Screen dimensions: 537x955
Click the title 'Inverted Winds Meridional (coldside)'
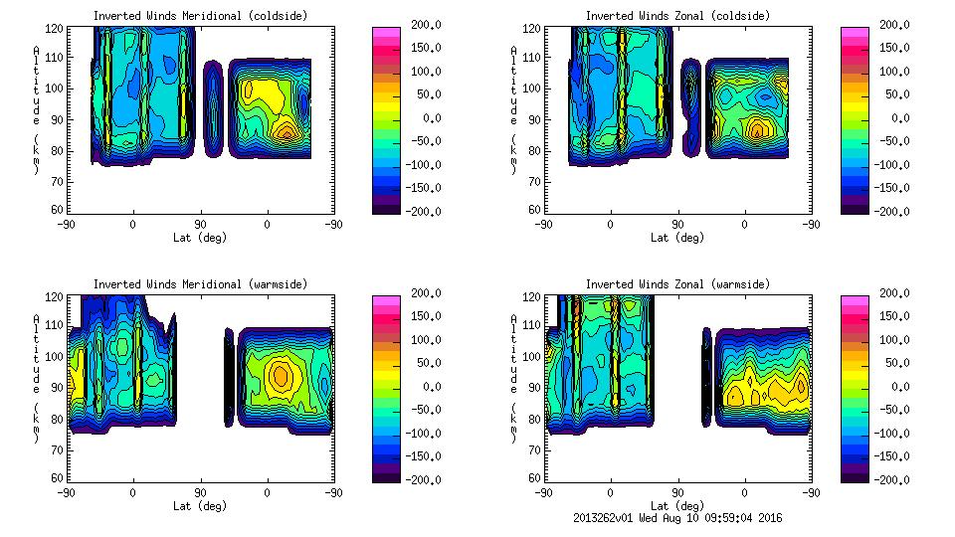(x=200, y=16)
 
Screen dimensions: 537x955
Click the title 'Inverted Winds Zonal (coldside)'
(x=677, y=16)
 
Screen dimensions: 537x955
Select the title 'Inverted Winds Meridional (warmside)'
(x=200, y=284)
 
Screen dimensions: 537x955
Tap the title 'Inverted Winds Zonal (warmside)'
(x=677, y=284)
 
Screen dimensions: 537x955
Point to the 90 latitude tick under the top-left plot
(x=200, y=225)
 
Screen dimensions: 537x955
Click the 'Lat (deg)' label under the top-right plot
(x=677, y=238)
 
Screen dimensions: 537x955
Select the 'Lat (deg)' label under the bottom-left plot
(x=200, y=506)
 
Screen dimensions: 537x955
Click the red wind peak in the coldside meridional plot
(x=286, y=132)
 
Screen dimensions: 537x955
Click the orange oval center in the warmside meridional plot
(x=281, y=375)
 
